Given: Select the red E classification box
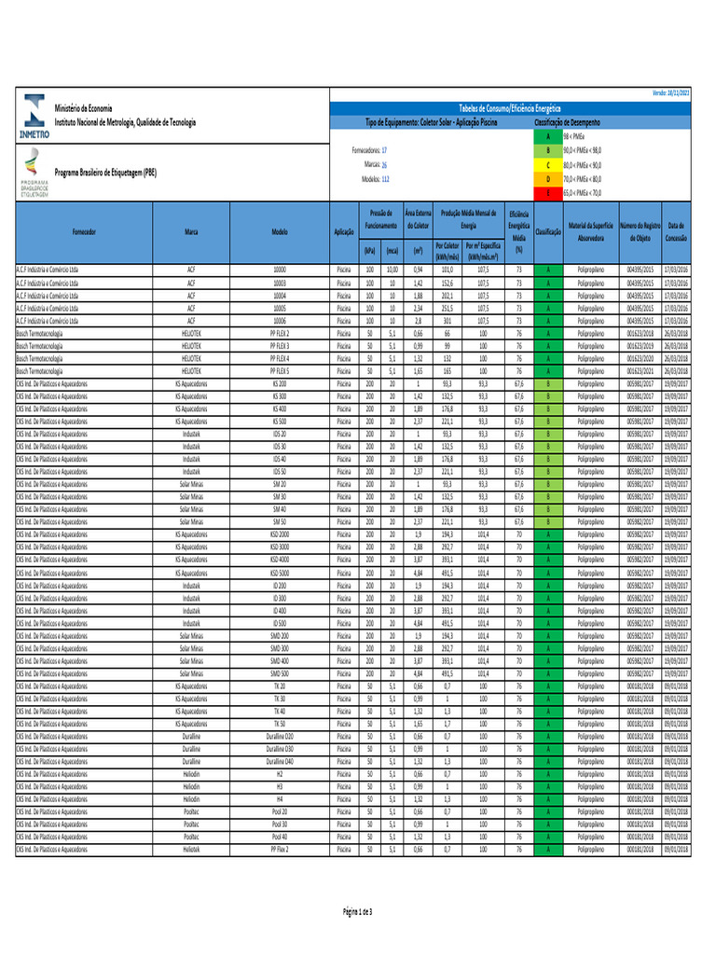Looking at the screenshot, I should point(548,191).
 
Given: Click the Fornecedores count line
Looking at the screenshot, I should point(369,150).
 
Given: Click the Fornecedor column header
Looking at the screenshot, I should point(89,231).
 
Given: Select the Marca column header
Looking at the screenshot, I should point(190,231).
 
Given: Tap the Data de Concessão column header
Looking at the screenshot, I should point(676,231).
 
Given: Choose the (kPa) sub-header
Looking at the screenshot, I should point(369,251).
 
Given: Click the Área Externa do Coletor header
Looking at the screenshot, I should point(418,219).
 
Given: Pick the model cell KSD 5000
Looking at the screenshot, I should point(280,573).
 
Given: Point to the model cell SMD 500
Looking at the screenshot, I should point(280,672).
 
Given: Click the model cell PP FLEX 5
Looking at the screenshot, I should point(280,371).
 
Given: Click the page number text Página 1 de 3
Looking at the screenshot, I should point(358,910).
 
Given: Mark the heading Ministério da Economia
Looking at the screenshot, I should point(83,109).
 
